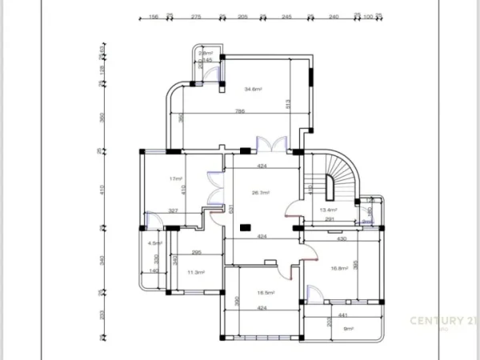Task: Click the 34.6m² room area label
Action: pos(254,89)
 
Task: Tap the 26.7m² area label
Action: pos(261,193)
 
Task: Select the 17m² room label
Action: pos(176,179)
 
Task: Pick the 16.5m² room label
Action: pos(266,294)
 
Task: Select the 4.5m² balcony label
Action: pos(155,243)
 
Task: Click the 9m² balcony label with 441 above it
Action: pos(348,328)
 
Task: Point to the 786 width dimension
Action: pos(239,111)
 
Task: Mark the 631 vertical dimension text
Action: pos(230,210)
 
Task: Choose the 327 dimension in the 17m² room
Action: pos(172,210)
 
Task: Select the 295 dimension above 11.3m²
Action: pos(196,253)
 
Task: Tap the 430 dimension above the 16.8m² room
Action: pos(342,238)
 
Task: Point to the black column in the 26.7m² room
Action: pos(243,229)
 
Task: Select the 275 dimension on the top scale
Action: pos(195,16)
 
